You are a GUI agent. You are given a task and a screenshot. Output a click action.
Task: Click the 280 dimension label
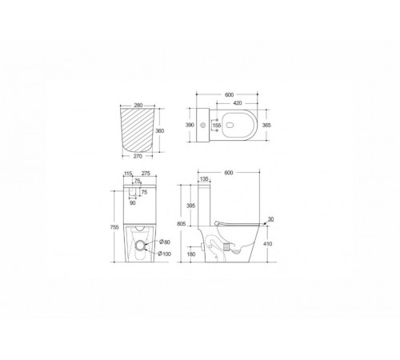[138, 106]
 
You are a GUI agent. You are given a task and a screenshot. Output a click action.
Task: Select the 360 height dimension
[160, 131]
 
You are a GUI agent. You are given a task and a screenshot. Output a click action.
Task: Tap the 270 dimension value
[138, 156]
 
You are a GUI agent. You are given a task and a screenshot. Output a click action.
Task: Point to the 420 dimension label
[238, 103]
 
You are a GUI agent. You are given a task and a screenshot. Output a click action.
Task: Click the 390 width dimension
[190, 125]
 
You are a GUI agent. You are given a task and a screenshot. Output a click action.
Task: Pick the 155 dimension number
[217, 125]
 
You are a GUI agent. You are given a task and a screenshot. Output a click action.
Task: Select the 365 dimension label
[266, 125]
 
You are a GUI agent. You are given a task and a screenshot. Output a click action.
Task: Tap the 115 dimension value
[128, 174]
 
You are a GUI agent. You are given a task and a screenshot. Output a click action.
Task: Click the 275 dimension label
[146, 174]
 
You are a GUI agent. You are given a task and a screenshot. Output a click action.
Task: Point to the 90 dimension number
[133, 203]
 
